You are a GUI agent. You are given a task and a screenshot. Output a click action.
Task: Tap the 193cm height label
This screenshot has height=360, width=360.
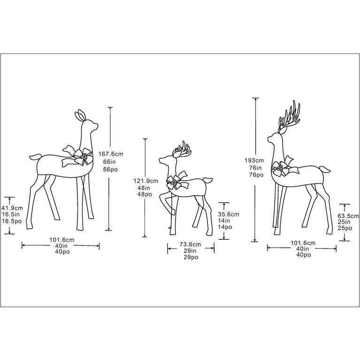point(253,161)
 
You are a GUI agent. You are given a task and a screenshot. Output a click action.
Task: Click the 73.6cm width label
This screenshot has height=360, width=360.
point(191,245)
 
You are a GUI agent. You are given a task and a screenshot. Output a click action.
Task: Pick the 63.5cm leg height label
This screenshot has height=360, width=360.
point(347,216)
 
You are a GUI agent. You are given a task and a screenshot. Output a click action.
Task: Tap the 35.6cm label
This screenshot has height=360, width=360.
point(229,214)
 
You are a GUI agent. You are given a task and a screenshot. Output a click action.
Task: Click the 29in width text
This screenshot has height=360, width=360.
point(191,251)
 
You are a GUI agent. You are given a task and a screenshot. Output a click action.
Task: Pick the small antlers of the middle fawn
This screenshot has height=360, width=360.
point(182,149)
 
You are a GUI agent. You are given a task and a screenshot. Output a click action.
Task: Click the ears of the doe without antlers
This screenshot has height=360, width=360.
point(81,115)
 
